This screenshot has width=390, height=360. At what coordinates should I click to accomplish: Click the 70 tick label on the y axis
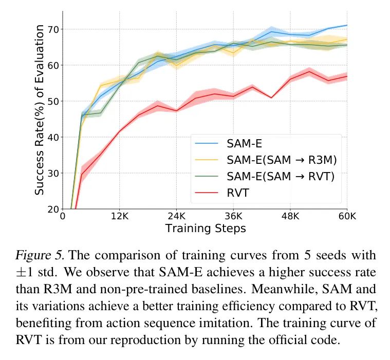click(x=52, y=29)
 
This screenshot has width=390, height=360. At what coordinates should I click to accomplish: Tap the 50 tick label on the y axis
click(x=52, y=101)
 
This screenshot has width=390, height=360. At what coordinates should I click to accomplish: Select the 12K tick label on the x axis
click(x=120, y=216)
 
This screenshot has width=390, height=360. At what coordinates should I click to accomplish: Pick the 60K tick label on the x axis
click(x=347, y=216)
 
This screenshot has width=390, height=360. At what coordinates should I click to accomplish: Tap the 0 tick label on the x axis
click(x=63, y=216)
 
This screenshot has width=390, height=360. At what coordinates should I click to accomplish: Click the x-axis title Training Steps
click(x=205, y=229)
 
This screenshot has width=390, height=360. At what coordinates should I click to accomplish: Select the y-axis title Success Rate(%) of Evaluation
click(x=40, y=110)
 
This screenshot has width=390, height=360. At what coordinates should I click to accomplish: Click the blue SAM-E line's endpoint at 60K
click(x=347, y=25)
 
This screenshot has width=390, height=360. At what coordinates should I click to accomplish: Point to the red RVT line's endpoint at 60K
click(x=347, y=76)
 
